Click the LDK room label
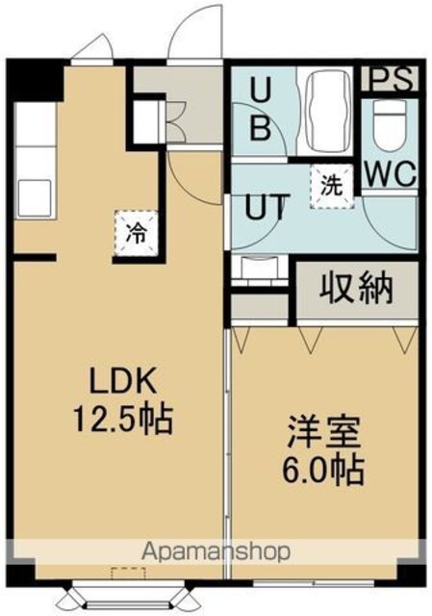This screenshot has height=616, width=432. click(123, 381)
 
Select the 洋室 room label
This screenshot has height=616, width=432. click(323, 433)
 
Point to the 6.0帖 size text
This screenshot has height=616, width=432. click(323, 471)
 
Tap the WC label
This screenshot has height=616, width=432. click(390, 174)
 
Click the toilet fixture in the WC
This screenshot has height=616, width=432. click(390, 125)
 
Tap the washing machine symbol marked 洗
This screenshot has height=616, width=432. click(332, 187)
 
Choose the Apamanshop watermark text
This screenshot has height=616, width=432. click(216, 552)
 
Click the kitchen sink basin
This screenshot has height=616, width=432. click(35, 197)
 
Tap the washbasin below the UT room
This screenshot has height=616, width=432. click(260, 268)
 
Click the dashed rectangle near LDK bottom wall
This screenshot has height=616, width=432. click(129, 574)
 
